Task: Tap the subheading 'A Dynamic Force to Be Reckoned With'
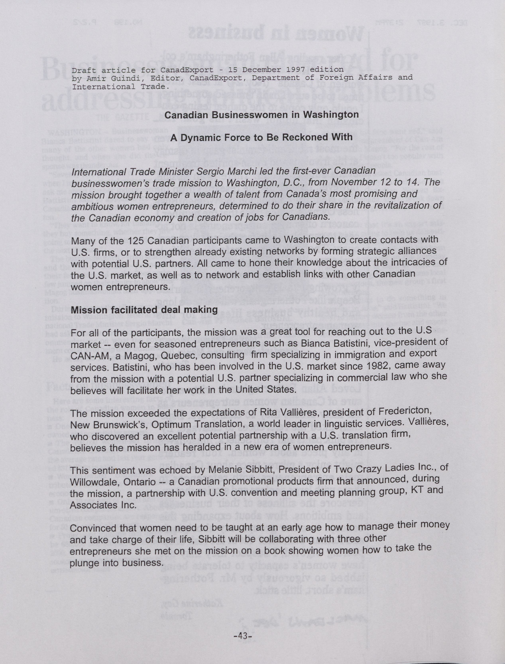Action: pyautogui.click(x=261, y=137)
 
